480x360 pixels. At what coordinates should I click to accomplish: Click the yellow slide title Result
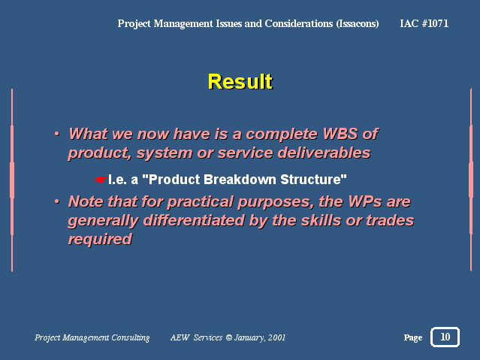point(240,81)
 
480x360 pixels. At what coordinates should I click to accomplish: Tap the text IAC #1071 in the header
point(424,23)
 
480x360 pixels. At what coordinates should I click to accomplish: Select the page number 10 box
point(445,337)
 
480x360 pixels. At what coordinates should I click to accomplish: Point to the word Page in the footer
point(413,337)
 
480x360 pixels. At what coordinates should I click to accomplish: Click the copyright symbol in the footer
point(228,337)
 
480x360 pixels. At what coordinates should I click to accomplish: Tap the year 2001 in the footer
point(276,337)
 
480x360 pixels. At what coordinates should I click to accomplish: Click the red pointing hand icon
point(101,180)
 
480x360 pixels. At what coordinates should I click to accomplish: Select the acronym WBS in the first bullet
point(340,134)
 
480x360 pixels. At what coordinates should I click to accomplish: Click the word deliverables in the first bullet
point(324,153)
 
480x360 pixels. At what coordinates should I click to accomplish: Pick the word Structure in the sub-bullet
point(313,180)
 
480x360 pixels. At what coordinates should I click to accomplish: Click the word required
point(100,239)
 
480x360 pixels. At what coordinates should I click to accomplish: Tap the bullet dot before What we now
point(56,134)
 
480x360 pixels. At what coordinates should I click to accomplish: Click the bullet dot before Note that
point(56,201)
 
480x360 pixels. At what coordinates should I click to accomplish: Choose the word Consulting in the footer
point(131,337)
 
